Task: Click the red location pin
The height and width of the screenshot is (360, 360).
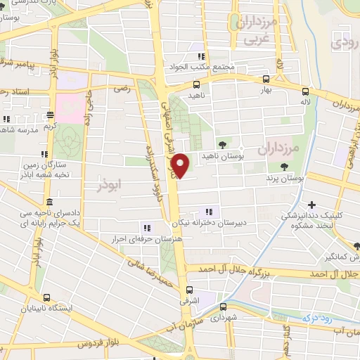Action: [181, 165]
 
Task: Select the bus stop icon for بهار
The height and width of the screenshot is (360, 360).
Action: [266, 79]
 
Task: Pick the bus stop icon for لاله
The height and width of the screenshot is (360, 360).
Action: [304, 91]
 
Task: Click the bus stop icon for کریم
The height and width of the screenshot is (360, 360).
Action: [50, 114]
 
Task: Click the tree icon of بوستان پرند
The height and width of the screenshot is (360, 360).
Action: [285, 167]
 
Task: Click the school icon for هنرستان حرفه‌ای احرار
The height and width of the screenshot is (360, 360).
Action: [147, 227]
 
